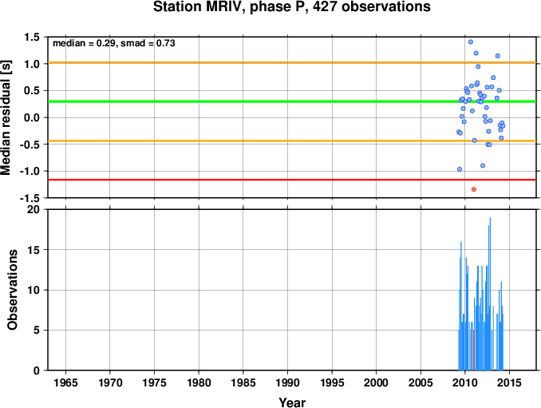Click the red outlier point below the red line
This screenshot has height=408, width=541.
474,189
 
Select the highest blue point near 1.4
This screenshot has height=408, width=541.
471,42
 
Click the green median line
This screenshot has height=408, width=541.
292,101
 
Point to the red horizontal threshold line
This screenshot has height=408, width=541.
292,180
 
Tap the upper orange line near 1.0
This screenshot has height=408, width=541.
292,62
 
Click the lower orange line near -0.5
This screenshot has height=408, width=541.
292,141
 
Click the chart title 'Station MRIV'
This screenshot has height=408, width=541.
199,7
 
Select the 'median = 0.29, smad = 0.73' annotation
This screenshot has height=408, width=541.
114,43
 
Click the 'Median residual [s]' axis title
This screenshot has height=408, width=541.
6,117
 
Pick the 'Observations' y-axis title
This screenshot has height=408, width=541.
13,290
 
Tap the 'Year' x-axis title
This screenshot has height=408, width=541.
292,402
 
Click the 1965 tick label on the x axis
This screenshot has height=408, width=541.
65,382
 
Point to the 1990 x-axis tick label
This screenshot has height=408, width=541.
287,382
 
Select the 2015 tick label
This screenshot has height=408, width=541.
510,382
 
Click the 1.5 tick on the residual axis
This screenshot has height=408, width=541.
32,37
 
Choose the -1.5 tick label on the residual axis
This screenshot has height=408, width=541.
30,198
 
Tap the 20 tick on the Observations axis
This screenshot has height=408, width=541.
34,209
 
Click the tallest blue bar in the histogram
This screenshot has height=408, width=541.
490,294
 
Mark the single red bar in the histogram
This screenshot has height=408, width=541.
474,350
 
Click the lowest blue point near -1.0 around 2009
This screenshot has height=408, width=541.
460,169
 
